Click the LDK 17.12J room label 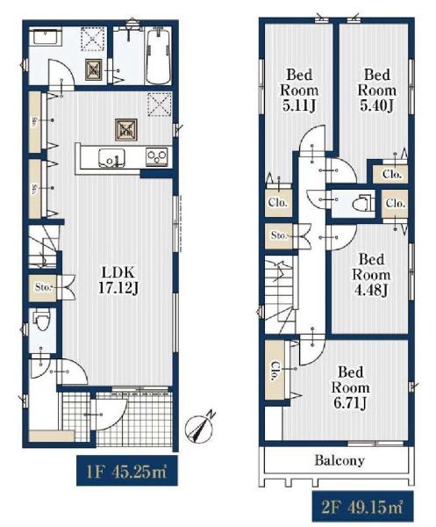tap(118, 280)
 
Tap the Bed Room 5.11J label tap(299, 90)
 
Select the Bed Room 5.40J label tap(377, 90)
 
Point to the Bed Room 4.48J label tap(371, 275)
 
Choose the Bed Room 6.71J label tap(350, 387)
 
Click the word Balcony tap(340, 460)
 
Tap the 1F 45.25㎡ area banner tap(127, 471)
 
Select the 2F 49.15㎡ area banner tap(362, 507)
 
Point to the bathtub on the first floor tap(158, 56)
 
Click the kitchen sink tap(111, 157)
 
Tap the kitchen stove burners tap(157, 156)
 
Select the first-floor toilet tap(42, 320)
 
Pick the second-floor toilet tap(363, 203)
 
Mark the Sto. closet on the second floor tap(279, 236)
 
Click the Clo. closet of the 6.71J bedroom tap(275, 371)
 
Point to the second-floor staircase tap(280, 294)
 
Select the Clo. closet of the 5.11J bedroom tap(278, 203)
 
